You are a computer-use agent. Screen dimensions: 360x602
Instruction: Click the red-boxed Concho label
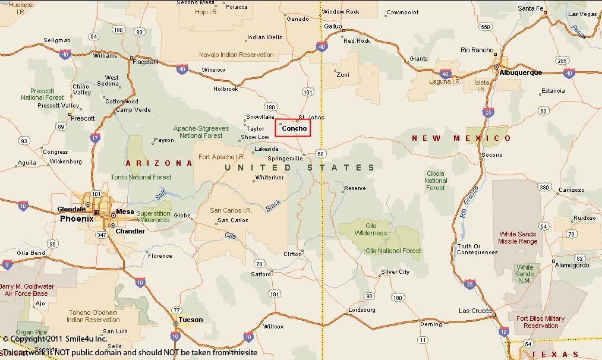[294, 128]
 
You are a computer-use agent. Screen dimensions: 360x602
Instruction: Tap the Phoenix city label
[77, 219]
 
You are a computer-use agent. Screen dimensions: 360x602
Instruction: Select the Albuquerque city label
[521, 72]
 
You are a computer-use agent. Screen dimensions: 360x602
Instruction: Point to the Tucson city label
[190, 320]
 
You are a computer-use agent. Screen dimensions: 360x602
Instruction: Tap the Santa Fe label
[530, 8]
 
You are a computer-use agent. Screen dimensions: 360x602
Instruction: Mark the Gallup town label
[333, 26]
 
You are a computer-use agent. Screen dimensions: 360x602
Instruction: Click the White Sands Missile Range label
[518, 238]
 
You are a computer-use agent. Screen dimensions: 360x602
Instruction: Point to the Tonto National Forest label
[141, 177]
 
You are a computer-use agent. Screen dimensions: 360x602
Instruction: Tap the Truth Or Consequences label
[477, 250]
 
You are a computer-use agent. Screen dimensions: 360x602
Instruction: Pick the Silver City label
[395, 272]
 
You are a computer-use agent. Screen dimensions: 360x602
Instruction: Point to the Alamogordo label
[572, 266]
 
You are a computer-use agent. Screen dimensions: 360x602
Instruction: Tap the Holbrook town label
[226, 89]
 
